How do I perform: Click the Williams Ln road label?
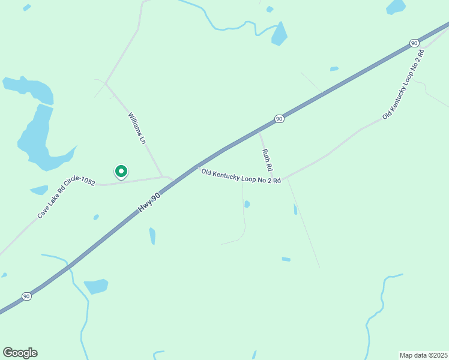137,128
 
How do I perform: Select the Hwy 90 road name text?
150,201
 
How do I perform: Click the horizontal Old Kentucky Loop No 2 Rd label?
241,176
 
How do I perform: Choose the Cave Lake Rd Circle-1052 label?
66,199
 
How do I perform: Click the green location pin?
121,172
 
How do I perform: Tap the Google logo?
20,352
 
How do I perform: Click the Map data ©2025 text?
423,355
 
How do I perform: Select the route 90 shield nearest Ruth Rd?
279,119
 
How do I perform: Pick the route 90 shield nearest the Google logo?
26,296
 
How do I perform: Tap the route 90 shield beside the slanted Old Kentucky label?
414,43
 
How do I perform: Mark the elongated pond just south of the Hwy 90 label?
152,236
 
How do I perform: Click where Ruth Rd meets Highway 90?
258,131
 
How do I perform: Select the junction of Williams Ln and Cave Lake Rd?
163,177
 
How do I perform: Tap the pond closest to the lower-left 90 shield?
95,287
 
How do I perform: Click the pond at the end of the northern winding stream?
279,34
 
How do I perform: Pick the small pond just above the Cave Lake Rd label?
39,190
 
